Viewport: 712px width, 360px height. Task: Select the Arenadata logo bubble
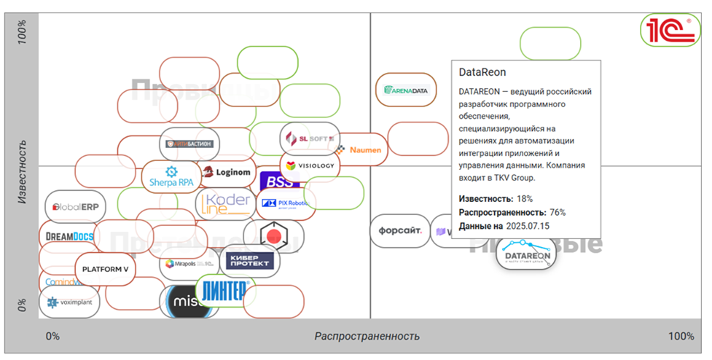(x=406, y=90)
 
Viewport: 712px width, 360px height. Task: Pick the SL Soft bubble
(x=310, y=138)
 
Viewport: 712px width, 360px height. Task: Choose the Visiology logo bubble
(x=310, y=165)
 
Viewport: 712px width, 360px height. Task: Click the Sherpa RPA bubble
(x=171, y=176)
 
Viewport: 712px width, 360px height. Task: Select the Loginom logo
(x=227, y=173)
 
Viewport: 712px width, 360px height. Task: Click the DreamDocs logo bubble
(x=69, y=236)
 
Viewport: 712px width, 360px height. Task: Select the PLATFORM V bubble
(x=105, y=269)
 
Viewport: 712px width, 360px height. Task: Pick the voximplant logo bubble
(x=69, y=302)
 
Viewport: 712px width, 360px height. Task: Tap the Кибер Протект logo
(x=249, y=260)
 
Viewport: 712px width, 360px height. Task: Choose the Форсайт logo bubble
(x=399, y=231)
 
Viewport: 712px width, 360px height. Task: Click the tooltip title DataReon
(x=482, y=72)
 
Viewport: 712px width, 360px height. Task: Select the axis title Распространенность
(x=367, y=336)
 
